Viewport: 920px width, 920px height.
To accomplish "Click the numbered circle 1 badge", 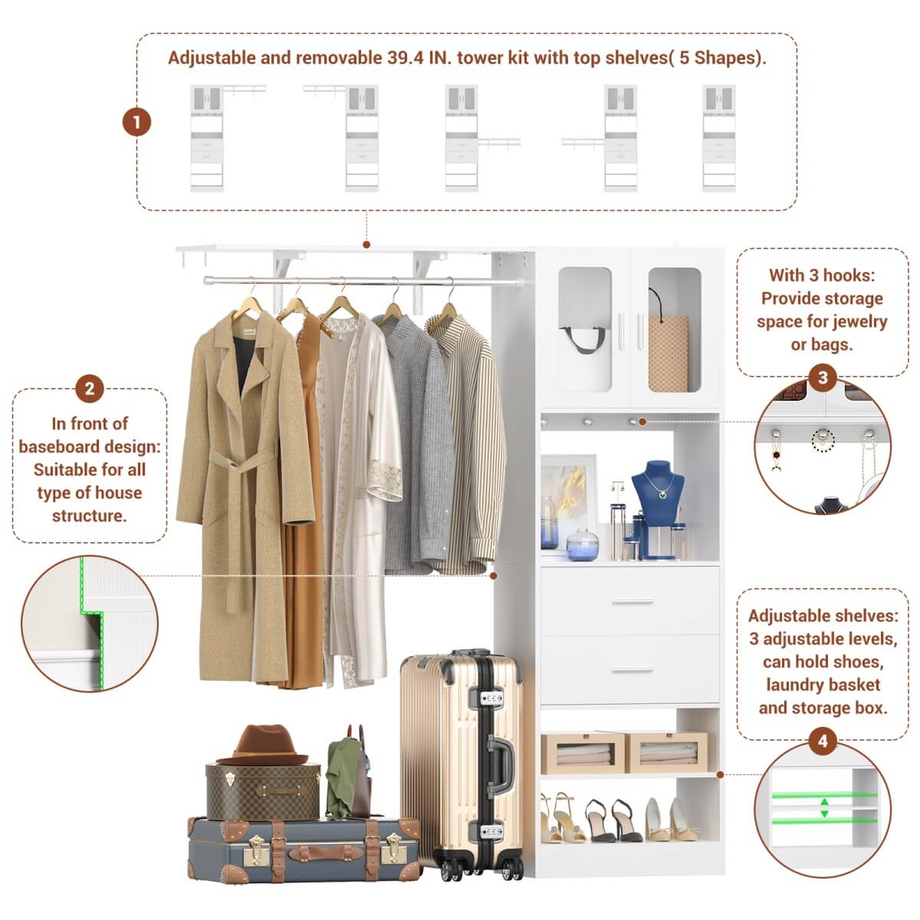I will click(x=137, y=122).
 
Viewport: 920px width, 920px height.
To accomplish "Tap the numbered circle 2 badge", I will click(x=90, y=389).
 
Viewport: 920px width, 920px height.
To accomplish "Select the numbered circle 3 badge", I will click(x=823, y=377).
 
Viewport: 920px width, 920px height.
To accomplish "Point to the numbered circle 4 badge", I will click(x=823, y=741).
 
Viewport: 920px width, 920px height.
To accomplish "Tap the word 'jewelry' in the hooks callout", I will click(x=859, y=321).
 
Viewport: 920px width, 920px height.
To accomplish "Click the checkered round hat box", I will click(x=262, y=790).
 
